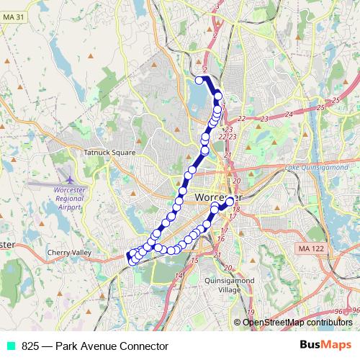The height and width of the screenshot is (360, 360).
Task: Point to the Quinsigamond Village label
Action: tap(228, 285)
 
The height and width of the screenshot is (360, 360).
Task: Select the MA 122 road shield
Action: tap(308, 248)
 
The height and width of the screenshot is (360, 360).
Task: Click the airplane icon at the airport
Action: tap(68, 179)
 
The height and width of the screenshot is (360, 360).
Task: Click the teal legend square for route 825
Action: tap(12, 346)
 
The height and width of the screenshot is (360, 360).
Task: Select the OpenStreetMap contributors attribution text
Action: tap(297, 323)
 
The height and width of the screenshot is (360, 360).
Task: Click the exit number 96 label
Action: tap(354, 310)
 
